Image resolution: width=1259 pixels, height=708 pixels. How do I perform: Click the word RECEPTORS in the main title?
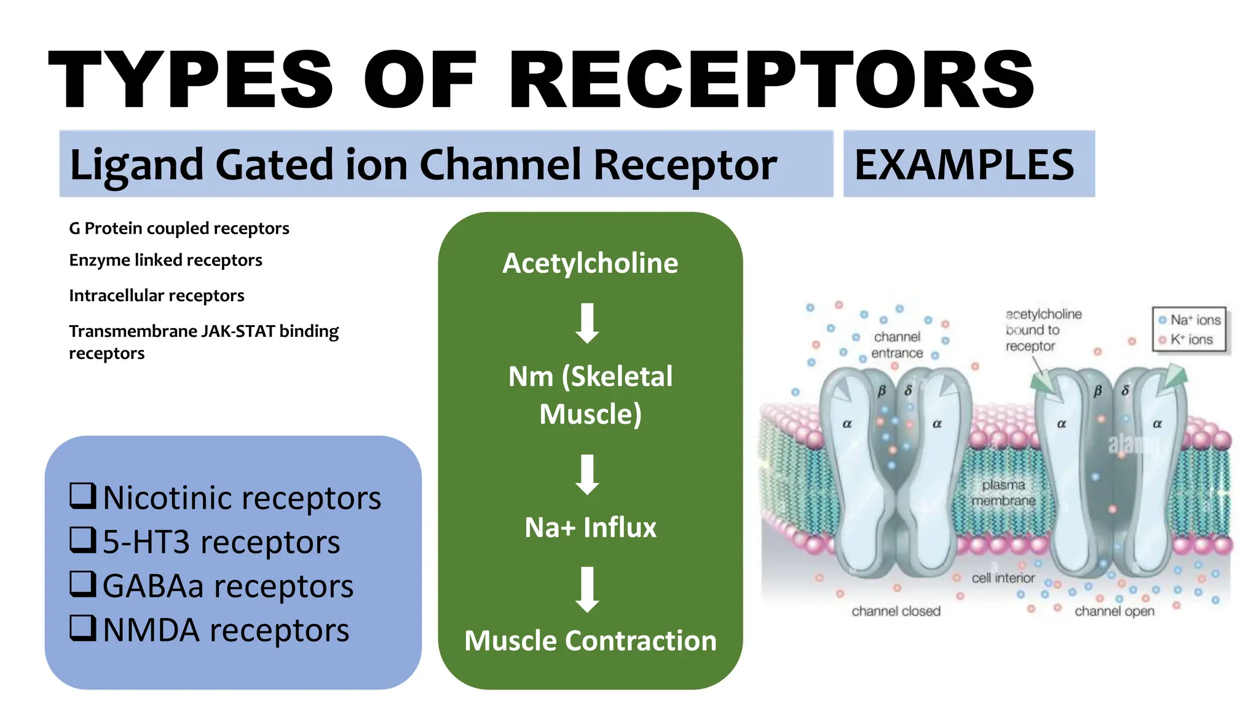point(772,80)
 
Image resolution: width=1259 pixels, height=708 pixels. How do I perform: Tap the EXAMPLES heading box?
point(968,164)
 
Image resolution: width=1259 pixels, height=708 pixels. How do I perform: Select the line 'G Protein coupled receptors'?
point(179,228)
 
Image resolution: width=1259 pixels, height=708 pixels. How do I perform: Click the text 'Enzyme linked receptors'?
point(165,260)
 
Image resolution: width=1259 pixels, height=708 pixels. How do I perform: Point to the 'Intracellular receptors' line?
point(156,296)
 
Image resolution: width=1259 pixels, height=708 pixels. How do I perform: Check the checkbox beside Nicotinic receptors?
point(82,496)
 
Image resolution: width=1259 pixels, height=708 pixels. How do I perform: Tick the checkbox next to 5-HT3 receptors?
point(82,540)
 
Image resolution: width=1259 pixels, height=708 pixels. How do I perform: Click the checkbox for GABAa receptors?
point(82,584)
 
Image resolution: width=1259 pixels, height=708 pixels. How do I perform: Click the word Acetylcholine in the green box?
point(590,263)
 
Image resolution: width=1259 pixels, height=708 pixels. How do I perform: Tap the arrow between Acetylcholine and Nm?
point(588,323)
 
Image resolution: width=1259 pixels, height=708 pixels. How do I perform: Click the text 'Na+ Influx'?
point(590,527)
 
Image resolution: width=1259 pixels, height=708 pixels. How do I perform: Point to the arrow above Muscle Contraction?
point(588,589)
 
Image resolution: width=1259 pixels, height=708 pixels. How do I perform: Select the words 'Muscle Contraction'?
point(590,640)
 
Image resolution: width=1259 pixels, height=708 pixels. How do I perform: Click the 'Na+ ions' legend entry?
point(1191,320)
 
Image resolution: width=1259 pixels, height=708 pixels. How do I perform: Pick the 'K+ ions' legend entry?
point(1187,339)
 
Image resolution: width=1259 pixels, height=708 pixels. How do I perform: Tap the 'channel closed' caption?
point(896,611)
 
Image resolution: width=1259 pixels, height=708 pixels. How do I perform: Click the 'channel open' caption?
point(1114,611)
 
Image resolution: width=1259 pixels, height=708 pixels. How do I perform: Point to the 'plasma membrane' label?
point(1003,493)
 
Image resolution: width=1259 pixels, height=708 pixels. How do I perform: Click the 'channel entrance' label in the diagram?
point(897,345)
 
